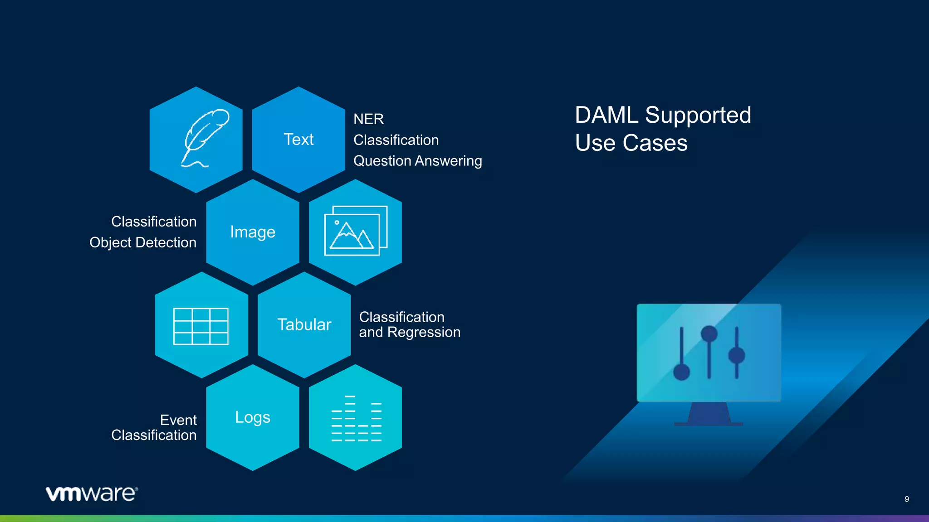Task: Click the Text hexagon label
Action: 298,140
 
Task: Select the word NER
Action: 368,119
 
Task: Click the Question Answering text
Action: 417,161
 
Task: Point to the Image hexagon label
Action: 253,232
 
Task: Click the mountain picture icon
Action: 355,231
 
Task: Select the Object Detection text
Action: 143,242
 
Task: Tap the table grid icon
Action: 201,326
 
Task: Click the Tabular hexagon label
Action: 304,325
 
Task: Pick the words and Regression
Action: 410,332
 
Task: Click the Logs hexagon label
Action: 253,417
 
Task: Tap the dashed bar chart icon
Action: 356,418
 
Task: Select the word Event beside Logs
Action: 178,420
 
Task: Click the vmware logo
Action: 92,493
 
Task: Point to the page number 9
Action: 906,499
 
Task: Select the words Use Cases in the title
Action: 631,143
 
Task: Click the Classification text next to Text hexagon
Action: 396,140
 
